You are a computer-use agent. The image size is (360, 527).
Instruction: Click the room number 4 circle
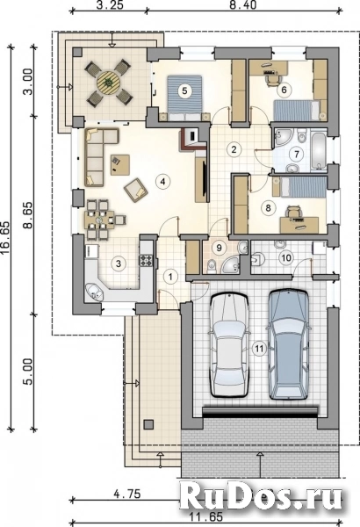pyautogui.click(x=162, y=182)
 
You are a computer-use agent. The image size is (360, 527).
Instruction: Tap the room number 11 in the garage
pyautogui.click(x=259, y=349)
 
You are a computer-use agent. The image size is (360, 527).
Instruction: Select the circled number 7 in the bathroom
pyautogui.click(x=297, y=155)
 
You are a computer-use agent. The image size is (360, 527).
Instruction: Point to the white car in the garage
pyautogui.click(x=228, y=345)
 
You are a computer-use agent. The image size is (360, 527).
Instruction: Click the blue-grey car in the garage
pyautogui.click(x=289, y=343)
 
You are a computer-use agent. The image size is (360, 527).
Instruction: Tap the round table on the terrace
pyautogui.click(x=109, y=82)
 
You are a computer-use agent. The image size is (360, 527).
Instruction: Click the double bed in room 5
pyautogui.click(x=184, y=98)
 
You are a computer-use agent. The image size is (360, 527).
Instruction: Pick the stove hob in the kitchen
pyautogui.click(x=147, y=261)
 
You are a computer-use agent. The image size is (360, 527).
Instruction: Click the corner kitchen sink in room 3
pyautogui.click(x=95, y=292)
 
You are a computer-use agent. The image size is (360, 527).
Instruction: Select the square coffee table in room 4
pyautogui.click(x=120, y=165)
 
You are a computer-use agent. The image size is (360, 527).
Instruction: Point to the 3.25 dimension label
pyautogui.click(x=109, y=4)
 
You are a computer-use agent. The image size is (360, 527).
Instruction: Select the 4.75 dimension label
pyautogui.click(x=126, y=494)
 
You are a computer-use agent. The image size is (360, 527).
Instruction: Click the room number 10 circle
pyautogui.click(x=286, y=258)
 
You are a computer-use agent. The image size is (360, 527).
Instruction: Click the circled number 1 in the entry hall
pyautogui.click(x=171, y=277)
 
